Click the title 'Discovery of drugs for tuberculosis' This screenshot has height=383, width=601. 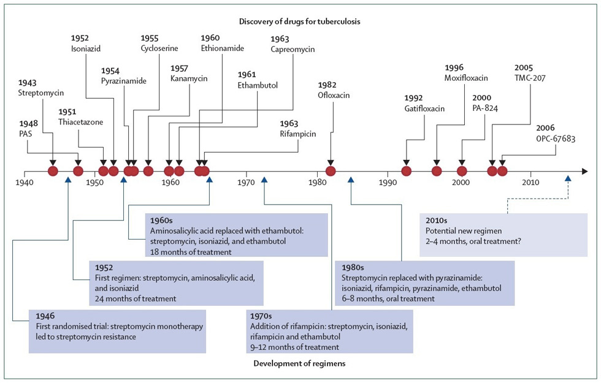(300, 21)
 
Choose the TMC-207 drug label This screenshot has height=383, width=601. (531, 78)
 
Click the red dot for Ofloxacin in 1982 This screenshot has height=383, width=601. (331, 171)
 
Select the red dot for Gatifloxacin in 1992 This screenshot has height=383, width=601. (406, 171)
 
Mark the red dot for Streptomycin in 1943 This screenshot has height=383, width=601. (53, 171)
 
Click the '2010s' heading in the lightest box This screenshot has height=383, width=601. (437, 219)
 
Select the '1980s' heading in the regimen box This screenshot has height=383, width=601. (353, 267)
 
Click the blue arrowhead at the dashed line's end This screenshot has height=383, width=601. (568, 178)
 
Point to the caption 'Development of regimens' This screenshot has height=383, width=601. (300, 364)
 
